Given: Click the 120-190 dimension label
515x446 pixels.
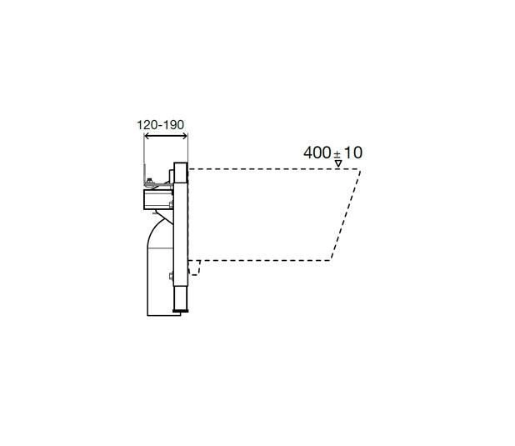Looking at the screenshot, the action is tap(160, 125).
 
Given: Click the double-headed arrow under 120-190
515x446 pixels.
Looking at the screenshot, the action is tap(166, 136).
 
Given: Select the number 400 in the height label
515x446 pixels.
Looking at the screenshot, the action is tap(317, 153).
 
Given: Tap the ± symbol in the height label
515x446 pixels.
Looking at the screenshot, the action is tap(337, 154).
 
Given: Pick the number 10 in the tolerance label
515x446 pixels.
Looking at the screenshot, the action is tap(353, 153).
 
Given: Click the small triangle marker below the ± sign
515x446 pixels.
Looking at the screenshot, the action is tap(338, 163).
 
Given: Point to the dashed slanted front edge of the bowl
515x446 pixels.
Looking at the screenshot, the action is tap(346, 214).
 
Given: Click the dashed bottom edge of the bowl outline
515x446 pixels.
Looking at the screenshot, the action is tap(259, 261).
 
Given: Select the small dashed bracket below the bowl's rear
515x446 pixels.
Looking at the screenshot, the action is tap(196, 268).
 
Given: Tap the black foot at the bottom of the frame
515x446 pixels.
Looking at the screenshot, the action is tap(180, 309).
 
